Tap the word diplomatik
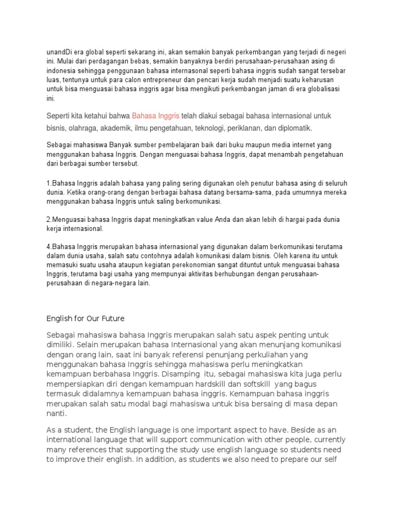(x=293, y=127)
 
